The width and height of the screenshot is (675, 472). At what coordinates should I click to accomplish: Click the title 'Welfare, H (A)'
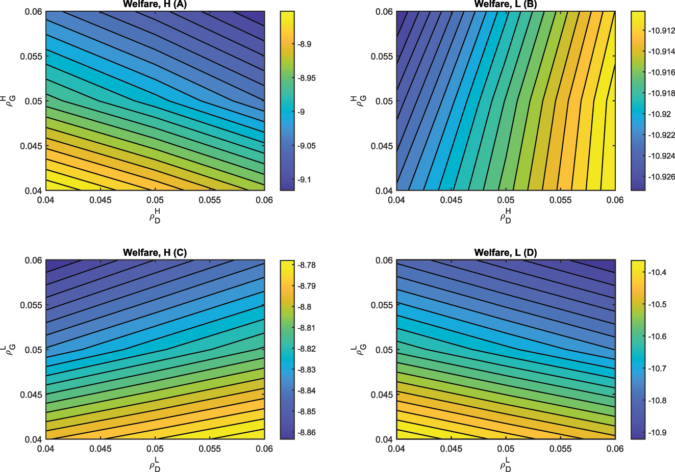pos(155,5)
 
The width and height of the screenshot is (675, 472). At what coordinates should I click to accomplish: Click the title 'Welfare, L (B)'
pos(506,5)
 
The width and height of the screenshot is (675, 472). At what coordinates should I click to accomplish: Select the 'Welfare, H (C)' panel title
pos(155,253)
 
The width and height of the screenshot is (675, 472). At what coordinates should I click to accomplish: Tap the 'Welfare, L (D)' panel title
pos(506,253)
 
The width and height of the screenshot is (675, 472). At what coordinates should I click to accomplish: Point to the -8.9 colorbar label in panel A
pos(305,44)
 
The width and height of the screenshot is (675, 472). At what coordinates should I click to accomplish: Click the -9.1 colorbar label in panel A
pos(305,180)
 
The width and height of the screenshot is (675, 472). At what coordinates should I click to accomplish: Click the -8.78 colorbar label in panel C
pos(307,265)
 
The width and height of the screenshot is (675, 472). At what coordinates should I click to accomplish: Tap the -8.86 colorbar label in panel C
pos(307,433)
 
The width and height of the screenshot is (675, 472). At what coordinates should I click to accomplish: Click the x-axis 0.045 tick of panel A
pos(101,200)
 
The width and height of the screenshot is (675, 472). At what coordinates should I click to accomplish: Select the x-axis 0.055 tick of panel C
pos(210,449)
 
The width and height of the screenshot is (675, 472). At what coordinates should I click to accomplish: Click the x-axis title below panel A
pos(155,216)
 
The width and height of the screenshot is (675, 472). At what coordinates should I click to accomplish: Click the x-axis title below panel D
pos(506,464)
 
